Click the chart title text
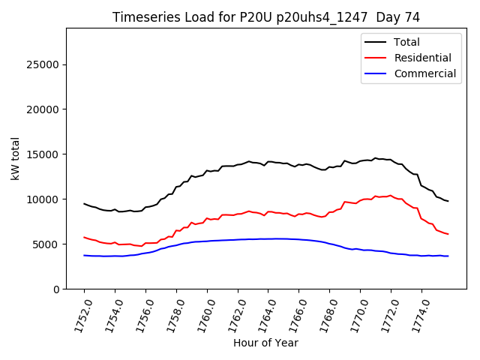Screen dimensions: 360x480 266,16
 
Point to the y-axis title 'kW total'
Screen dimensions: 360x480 15,158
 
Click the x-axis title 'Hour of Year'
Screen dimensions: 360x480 265,343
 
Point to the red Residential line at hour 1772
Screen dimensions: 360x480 391,195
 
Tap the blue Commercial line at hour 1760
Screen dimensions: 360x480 207,241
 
